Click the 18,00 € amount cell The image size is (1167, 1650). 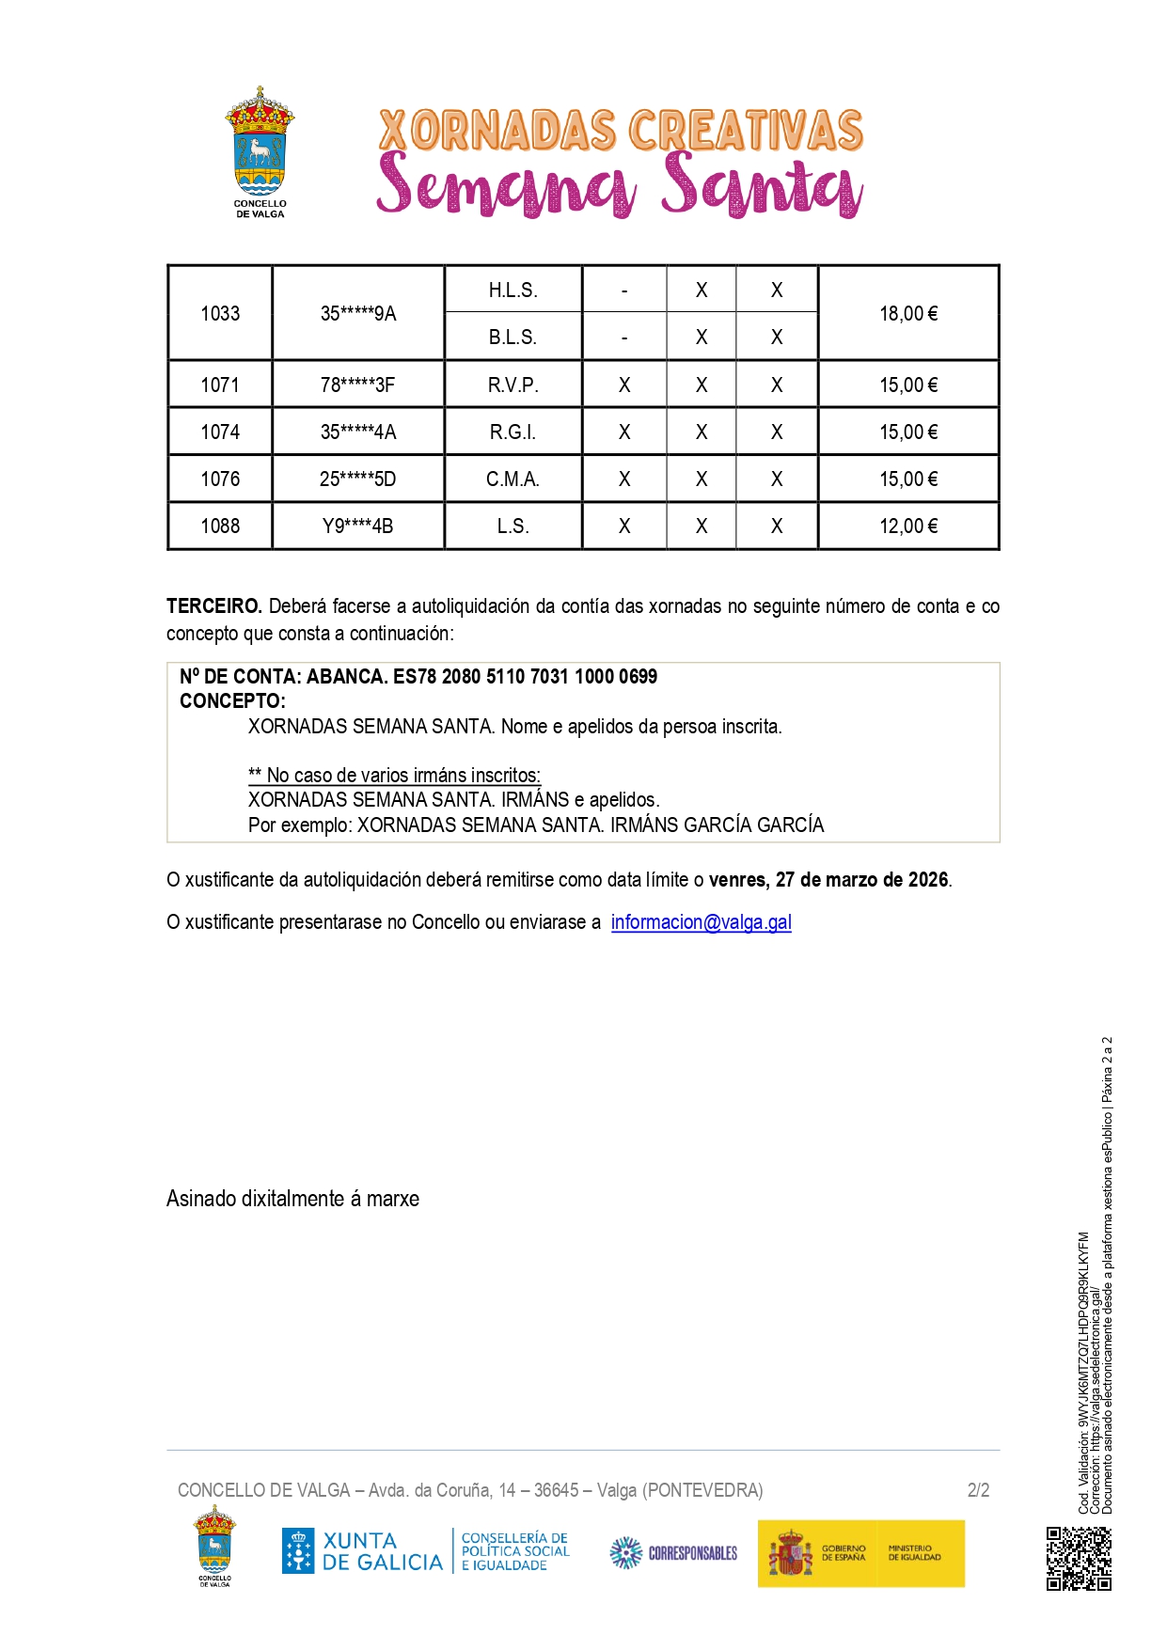coord(907,314)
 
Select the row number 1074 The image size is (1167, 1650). coord(220,432)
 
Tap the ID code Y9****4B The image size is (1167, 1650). coord(357,526)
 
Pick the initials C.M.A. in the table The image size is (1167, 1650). coord(513,479)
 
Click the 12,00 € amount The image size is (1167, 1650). coord(907,526)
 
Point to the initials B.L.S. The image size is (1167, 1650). coord(513,338)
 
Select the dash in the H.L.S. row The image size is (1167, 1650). coord(624,291)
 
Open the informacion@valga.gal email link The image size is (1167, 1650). coord(701,922)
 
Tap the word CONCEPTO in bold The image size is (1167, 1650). coord(231,701)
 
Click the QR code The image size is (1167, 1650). coord(1079,1558)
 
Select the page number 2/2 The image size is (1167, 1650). coord(978,1490)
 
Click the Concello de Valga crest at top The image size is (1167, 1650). coord(260,150)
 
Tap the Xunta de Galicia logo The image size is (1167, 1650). coord(362,1551)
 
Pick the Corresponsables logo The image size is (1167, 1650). coord(673,1553)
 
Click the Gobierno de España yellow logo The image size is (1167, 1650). coord(860,1553)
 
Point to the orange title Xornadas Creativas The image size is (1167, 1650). coord(621,131)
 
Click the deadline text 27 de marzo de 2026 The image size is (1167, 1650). coord(861,880)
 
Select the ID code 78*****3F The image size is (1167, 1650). coord(357,385)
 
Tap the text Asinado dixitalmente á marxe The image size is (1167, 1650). coord(292,1199)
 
